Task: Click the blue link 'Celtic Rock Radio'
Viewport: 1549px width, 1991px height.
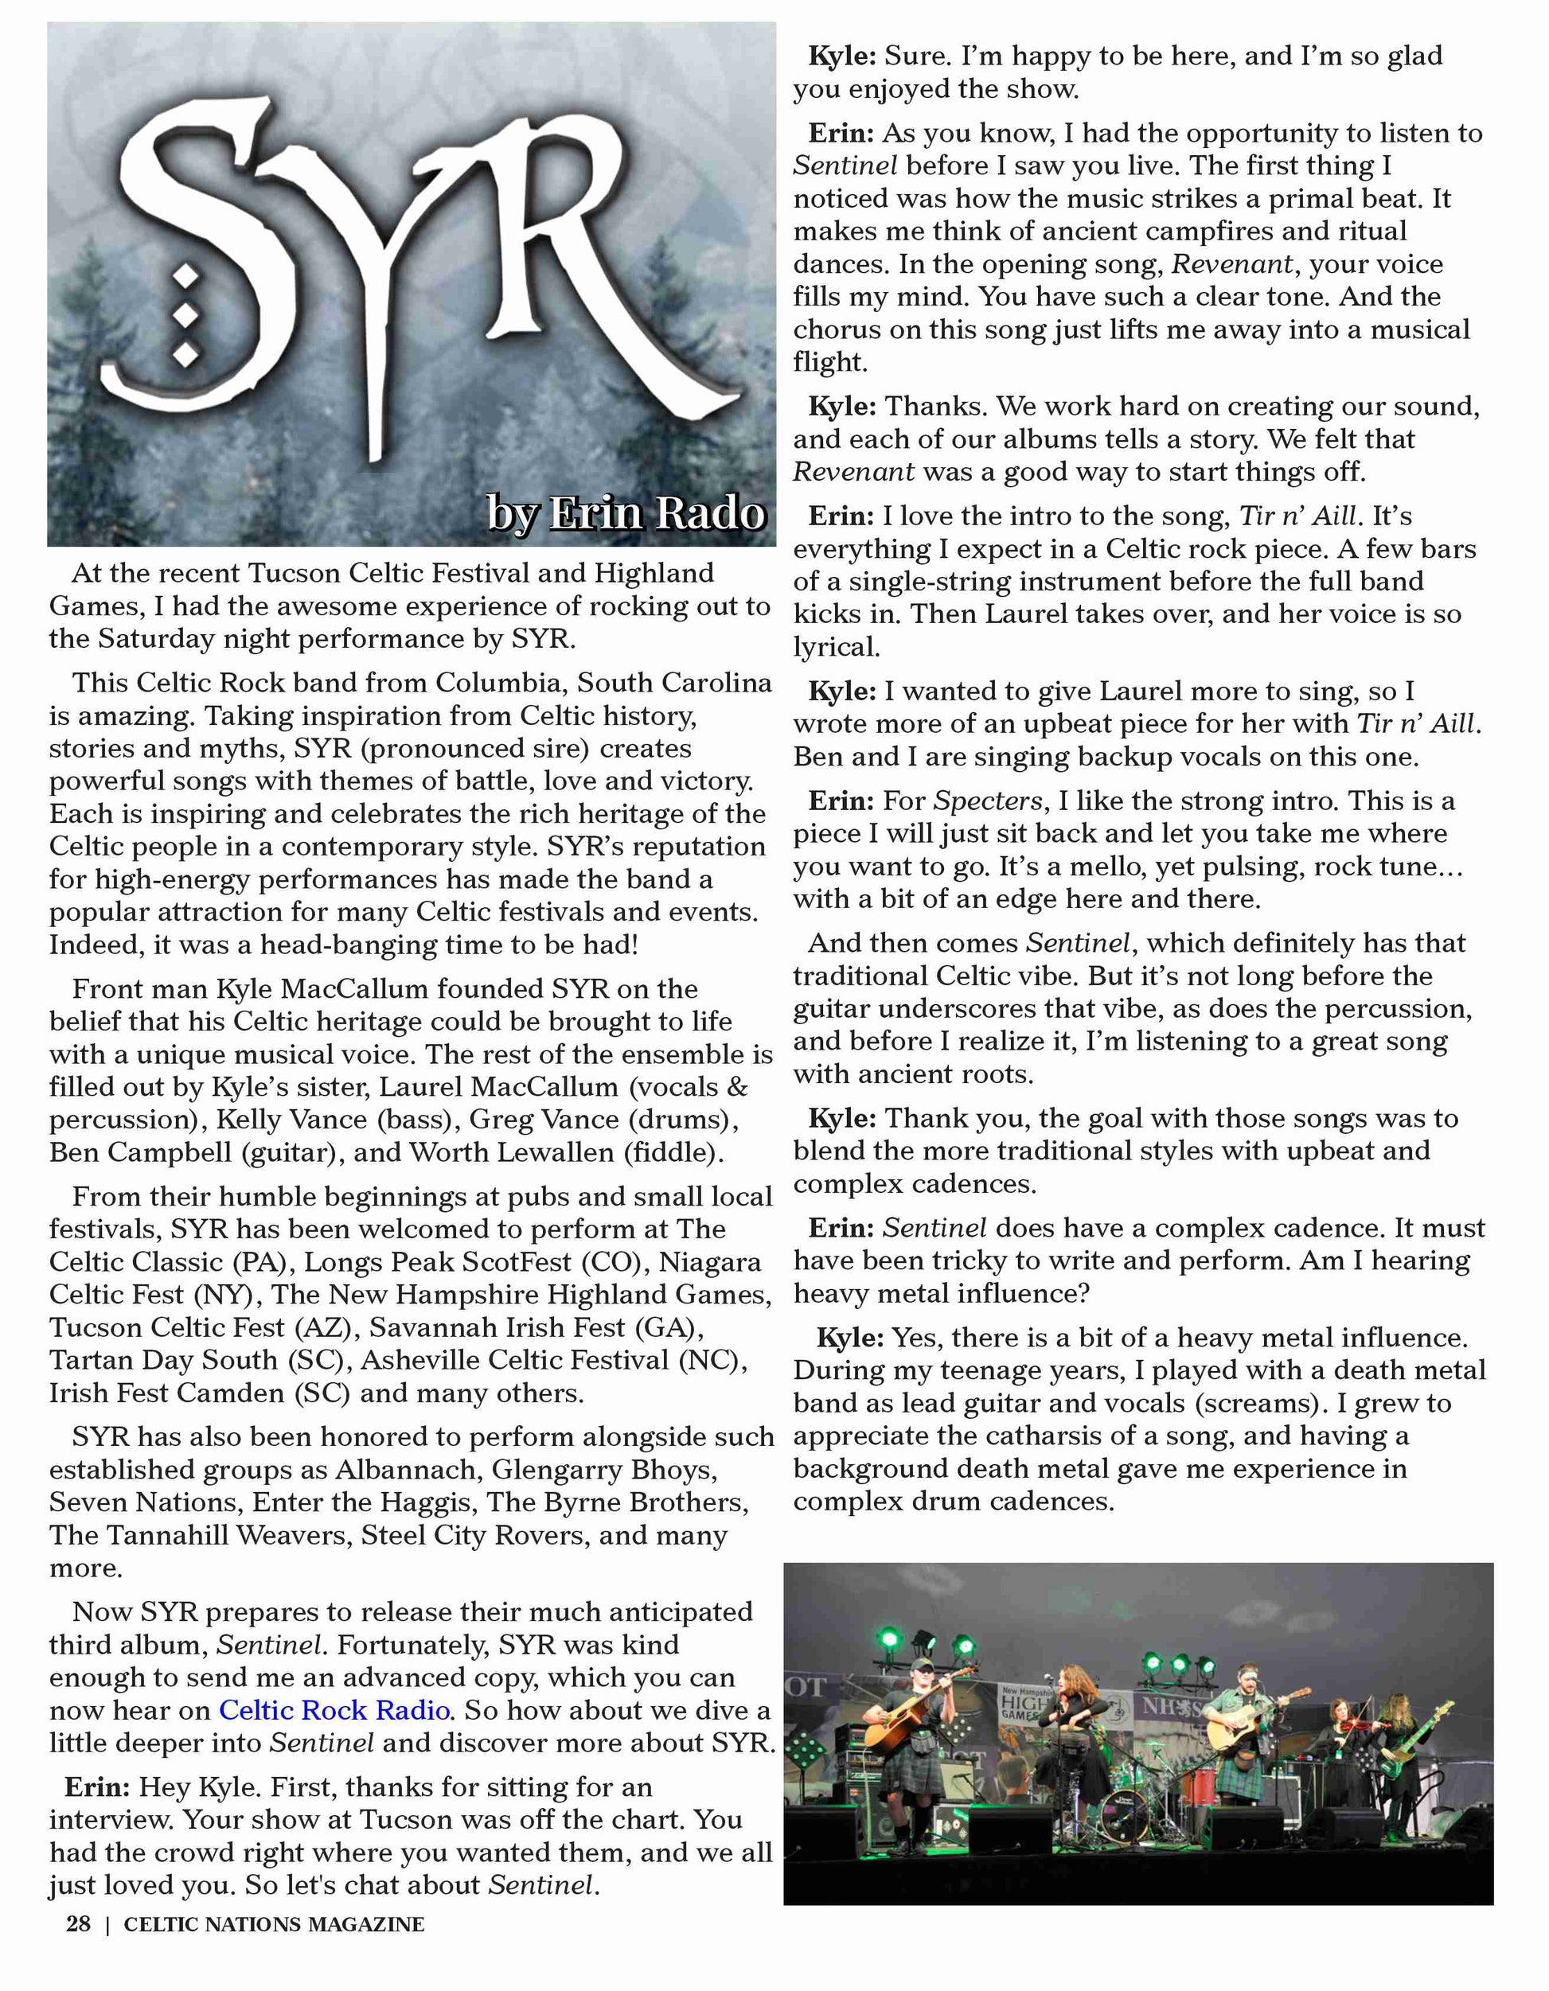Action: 334,1710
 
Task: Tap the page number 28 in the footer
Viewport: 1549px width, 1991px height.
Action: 79,1924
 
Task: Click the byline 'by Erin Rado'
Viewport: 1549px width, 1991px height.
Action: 626,513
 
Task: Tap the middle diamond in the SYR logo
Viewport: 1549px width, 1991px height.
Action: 186,314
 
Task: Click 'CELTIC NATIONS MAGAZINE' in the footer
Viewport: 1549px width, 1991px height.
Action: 275,1924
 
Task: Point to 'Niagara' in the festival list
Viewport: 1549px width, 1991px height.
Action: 711,1262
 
